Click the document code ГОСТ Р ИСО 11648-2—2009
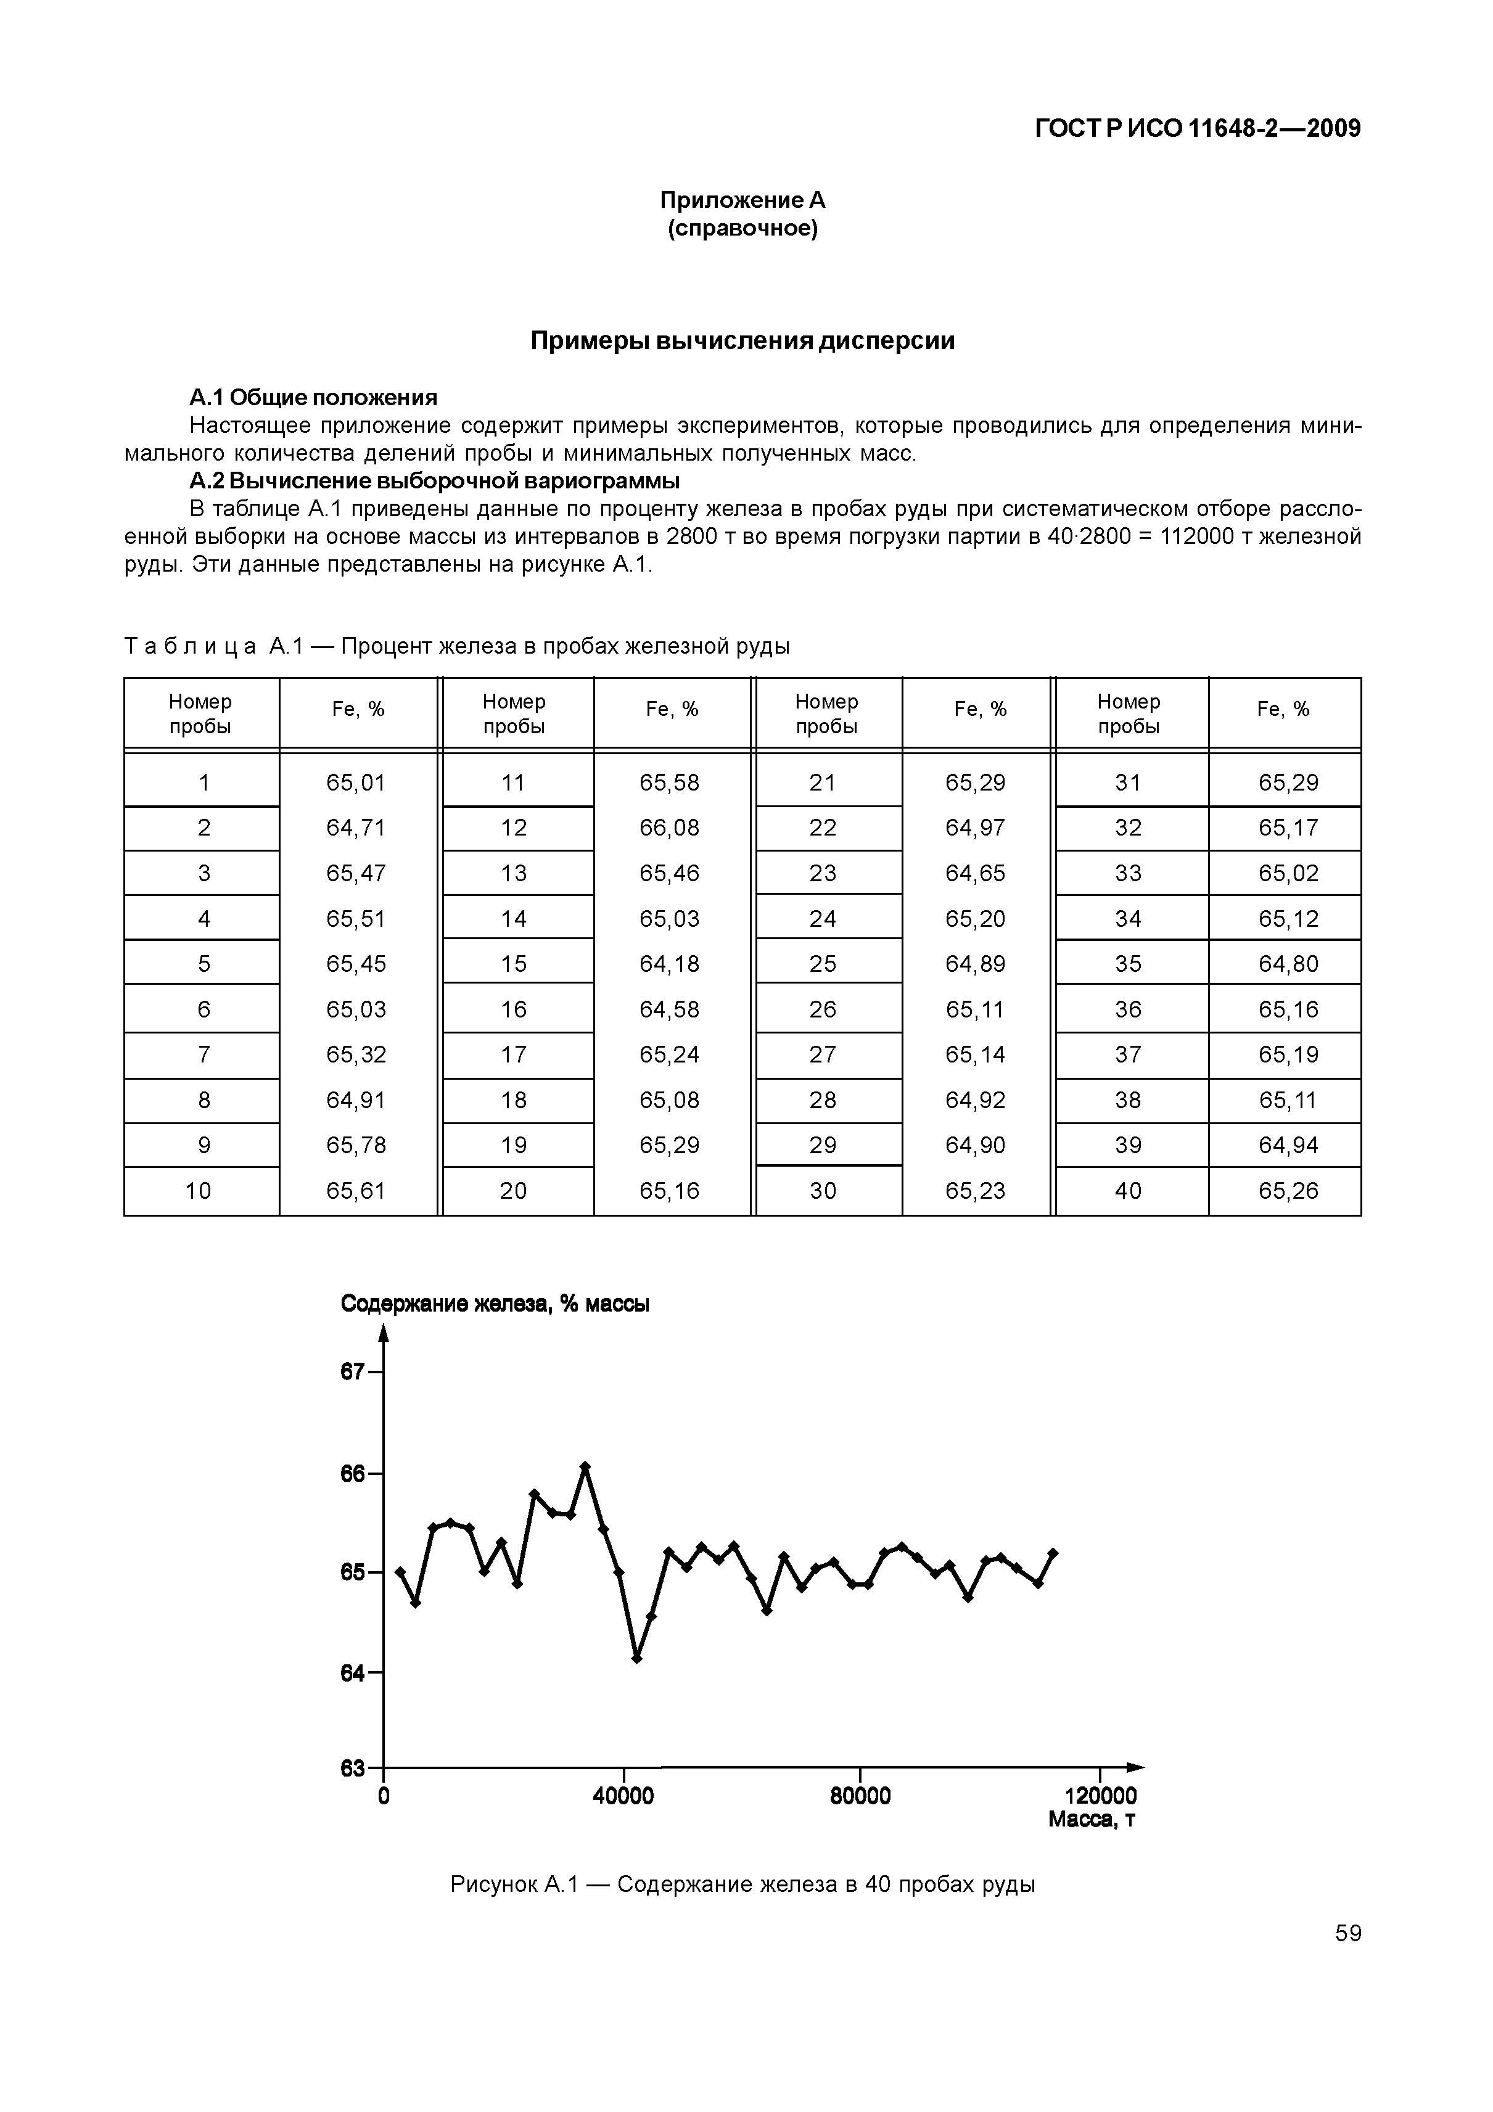(x=1197, y=129)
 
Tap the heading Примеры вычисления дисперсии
(x=743, y=341)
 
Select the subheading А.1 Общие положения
(x=313, y=397)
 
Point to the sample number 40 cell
(x=1128, y=1191)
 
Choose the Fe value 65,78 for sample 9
(x=356, y=1145)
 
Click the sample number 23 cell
(x=823, y=873)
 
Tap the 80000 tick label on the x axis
(x=860, y=1796)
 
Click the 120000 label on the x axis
(x=1100, y=1796)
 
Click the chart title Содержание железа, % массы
(x=495, y=1304)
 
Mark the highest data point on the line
(x=585, y=1466)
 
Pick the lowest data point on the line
(x=636, y=1659)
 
